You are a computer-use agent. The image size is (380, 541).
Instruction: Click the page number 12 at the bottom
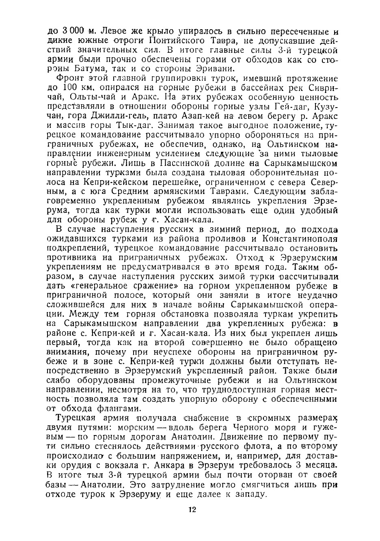point(192,510)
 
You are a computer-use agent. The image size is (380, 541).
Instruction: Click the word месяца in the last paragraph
point(321,465)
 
